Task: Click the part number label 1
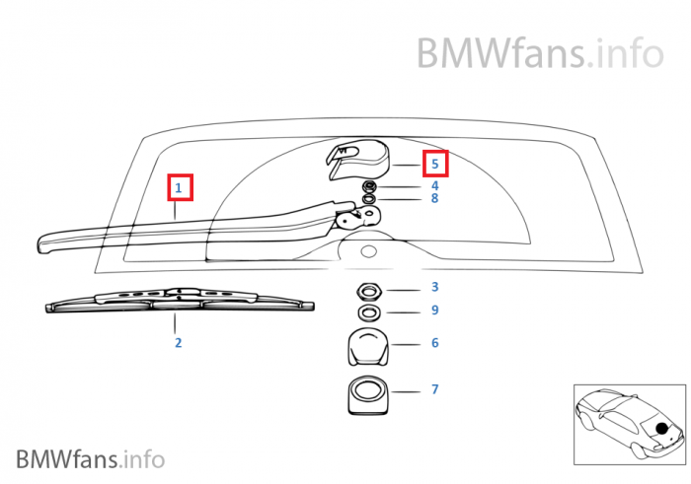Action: tap(179, 186)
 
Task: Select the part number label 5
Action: tap(434, 163)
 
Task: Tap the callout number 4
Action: tap(434, 185)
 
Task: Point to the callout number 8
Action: tap(434, 199)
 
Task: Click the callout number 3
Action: tap(434, 288)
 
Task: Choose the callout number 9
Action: tap(434, 311)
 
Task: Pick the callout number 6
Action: tap(434, 343)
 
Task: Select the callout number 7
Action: tap(434, 389)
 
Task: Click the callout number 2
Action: tap(178, 343)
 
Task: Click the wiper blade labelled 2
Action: tap(178, 300)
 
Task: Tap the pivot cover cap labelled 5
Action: tap(359, 158)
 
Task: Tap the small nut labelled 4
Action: tap(369, 186)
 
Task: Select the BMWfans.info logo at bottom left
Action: tap(90, 458)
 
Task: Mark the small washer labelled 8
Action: tap(369, 199)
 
